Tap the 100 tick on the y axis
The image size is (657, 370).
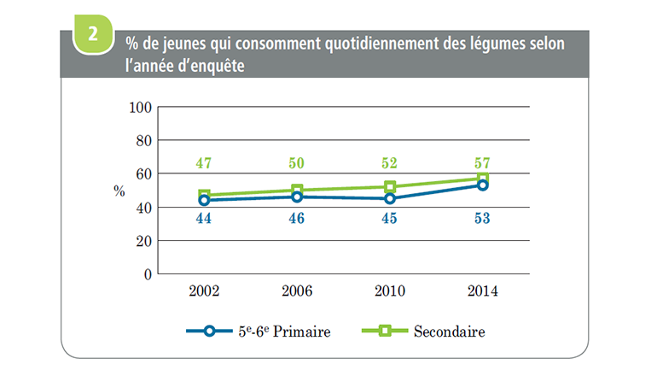tap(140, 108)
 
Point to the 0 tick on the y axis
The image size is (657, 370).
tap(147, 274)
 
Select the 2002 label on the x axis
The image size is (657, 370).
tap(205, 291)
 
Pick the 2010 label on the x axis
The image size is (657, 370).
tap(390, 291)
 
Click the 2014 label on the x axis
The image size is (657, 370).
tap(482, 291)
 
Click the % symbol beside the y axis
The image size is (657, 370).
tap(119, 191)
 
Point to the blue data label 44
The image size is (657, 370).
tap(205, 220)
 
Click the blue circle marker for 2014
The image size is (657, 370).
tap(483, 185)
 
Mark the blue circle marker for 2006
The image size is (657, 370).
tap(297, 197)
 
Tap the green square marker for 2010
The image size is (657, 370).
tap(390, 187)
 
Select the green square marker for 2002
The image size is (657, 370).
tap(205, 195)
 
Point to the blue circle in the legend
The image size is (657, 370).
tap(211, 330)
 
